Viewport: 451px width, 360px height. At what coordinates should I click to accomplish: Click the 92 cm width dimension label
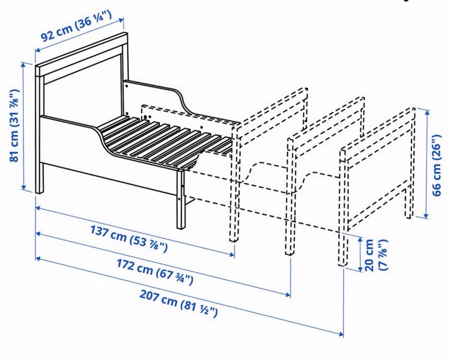click(76, 26)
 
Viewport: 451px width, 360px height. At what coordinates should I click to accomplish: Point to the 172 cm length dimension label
click(155, 271)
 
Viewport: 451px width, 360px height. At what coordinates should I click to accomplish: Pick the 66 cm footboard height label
click(436, 165)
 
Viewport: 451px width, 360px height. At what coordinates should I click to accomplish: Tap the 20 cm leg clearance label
click(376, 255)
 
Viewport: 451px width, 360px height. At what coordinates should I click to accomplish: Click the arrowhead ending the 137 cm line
click(233, 254)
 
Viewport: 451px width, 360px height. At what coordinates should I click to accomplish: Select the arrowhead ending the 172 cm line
click(288, 294)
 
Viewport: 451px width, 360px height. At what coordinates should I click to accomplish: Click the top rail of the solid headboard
click(82, 54)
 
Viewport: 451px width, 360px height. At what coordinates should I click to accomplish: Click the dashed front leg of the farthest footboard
click(342, 207)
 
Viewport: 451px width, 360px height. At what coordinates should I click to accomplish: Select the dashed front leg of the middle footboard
click(290, 197)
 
